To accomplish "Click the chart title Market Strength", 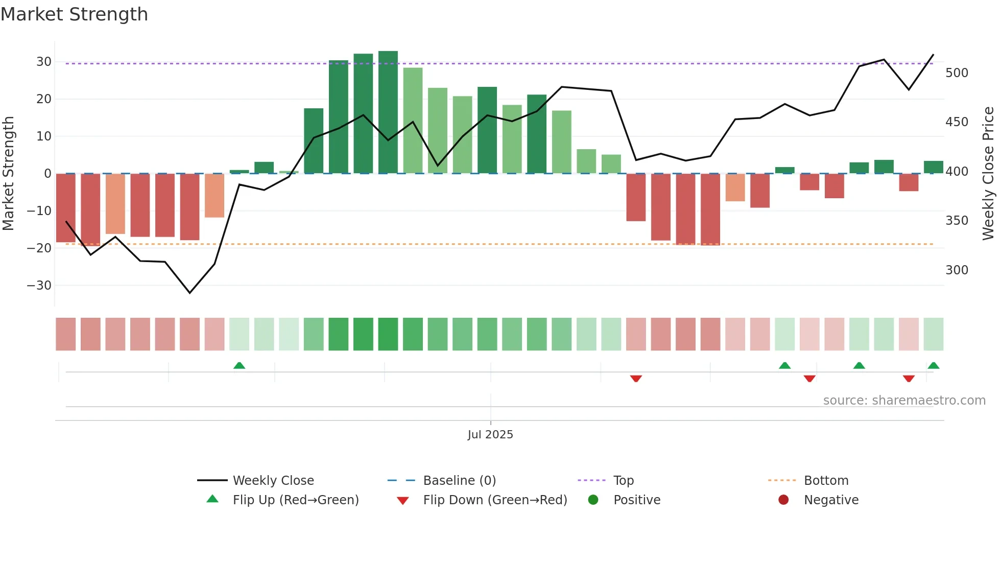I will pos(74,14).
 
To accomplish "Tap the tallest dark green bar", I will pos(388,112).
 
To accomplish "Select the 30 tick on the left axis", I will pos(44,62).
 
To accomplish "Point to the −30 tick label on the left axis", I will pos(39,286).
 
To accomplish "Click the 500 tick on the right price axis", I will pos(957,73).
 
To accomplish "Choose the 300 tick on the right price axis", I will pos(957,270).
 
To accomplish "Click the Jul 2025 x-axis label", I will pos(490,435).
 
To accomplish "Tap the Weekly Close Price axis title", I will pos(988,174).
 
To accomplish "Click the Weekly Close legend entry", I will pos(273,481).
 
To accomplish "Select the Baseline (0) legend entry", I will pos(459,481).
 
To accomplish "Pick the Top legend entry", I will pos(623,481).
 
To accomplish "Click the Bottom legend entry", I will pos(826,481).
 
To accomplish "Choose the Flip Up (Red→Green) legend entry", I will pos(296,500).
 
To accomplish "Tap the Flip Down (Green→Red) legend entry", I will pos(495,500).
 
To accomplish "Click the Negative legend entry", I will pos(831,500).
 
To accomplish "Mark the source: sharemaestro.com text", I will pos(904,401).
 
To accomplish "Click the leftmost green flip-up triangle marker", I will pos(239,365).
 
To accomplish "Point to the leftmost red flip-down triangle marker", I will pos(636,379).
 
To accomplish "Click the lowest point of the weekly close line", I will pos(190,293).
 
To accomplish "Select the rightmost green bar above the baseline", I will pos(933,167).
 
